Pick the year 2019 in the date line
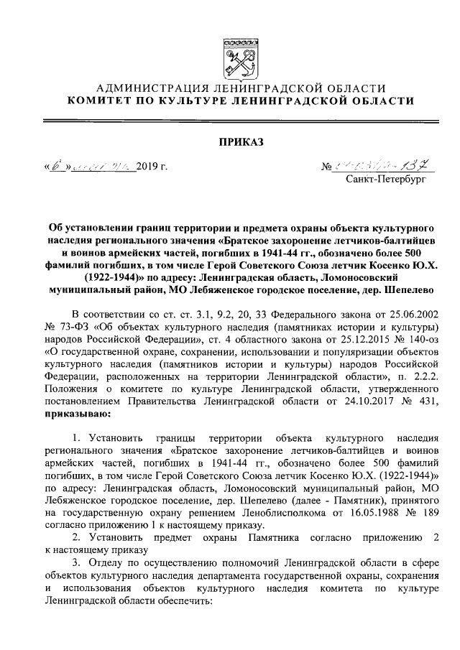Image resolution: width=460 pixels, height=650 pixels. coord(149,167)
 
